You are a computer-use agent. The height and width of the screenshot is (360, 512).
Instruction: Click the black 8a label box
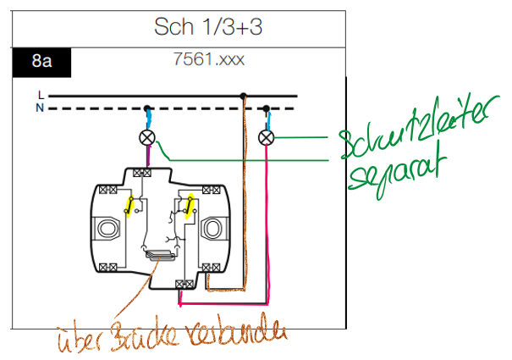tap(41, 61)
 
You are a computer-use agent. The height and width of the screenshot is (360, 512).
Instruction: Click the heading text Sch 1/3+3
tap(208, 26)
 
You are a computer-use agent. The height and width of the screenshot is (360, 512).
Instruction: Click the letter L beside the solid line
tap(41, 95)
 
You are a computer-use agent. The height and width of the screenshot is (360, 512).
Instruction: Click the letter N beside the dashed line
tap(41, 108)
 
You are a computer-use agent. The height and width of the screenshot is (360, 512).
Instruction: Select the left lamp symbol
tap(147, 137)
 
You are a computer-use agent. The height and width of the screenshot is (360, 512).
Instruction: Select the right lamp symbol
tap(266, 137)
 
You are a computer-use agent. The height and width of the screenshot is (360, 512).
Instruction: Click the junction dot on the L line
tap(244, 96)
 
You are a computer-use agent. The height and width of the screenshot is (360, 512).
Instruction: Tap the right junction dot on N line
tap(266, 108)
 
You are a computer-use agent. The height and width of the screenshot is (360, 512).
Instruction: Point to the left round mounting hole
tap(108, 229)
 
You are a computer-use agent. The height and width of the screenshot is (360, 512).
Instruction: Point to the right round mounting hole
tap(213, 229)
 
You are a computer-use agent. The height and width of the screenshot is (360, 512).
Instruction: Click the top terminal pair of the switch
tap(144, 173)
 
